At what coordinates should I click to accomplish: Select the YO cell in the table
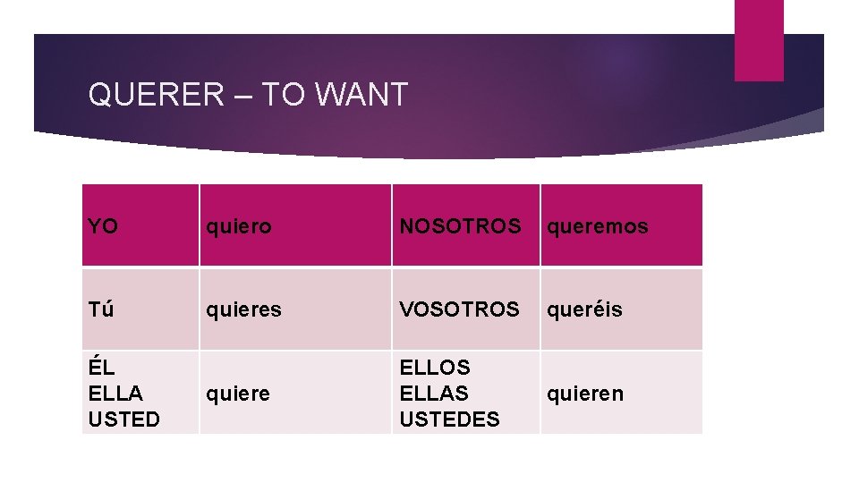(103, 226)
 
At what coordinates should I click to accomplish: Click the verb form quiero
(238, 227)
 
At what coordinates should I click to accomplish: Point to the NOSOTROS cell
(460, 226)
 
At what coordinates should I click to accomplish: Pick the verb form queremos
(597, 227)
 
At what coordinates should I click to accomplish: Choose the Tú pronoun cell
(101, 309)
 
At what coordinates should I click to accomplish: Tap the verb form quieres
(243, 309)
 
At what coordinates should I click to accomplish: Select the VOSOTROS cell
(459, 309)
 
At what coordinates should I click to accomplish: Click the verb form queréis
(584, 309)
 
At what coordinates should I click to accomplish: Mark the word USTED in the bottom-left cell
(123, 419)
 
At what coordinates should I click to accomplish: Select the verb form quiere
(238, 394)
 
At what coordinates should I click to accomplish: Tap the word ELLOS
(435, 367)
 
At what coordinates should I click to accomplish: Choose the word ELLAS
(434, 393)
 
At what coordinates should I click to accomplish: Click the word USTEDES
(449, 419)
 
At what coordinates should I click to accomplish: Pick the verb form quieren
(585, 394)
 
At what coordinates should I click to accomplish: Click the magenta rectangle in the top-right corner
(759, 40)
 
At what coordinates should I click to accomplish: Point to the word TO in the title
(283, 94)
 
